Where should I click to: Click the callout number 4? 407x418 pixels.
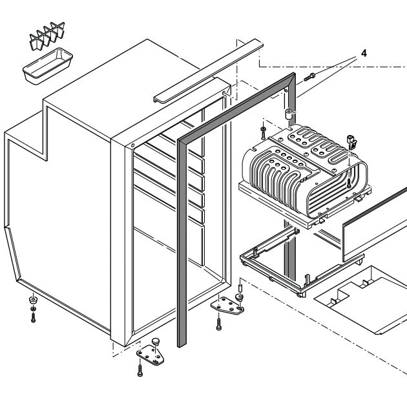point(363,53)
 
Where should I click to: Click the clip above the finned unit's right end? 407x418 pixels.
point(353,141)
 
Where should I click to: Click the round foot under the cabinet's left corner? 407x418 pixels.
point(32,302)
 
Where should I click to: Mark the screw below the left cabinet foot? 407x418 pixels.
point(33,317)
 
